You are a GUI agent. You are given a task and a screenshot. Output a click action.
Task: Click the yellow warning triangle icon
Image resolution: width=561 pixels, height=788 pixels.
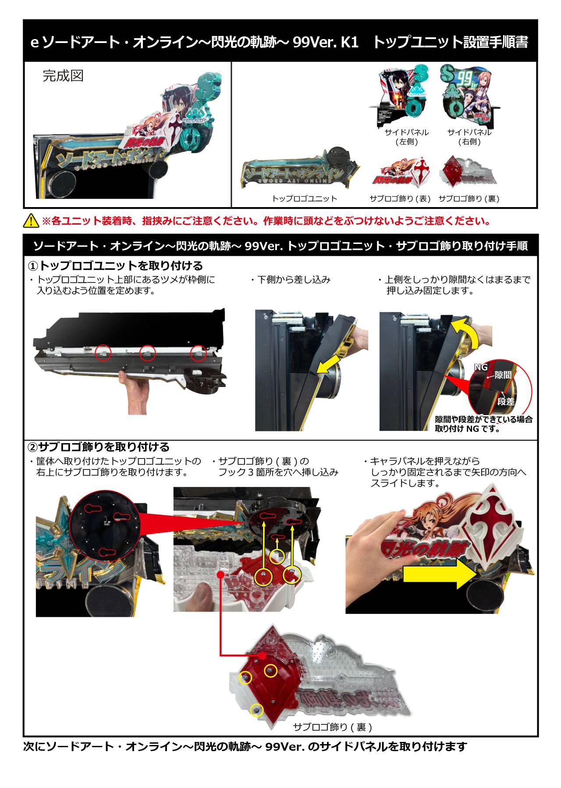[31, 221]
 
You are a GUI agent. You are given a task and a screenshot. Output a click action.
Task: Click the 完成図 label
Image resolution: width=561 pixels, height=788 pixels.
[63, 76]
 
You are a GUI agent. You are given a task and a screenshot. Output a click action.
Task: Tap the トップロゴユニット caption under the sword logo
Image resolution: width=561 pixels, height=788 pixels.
[305, 199]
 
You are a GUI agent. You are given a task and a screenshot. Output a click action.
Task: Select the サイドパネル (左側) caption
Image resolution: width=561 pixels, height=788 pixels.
[406, 137]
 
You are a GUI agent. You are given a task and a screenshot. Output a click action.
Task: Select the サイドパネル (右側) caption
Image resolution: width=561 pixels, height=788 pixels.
[469, 137]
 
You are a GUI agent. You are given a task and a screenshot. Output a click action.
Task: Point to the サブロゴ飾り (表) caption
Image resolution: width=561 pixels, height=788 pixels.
[401, 199]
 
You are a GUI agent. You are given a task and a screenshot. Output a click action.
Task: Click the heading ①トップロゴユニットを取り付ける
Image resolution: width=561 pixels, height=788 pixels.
[115, 266]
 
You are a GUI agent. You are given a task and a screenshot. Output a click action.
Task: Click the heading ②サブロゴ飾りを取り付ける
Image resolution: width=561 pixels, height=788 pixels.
[99, 447]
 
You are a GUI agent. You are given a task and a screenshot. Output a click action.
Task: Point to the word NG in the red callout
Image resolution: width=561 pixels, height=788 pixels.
[481, 367]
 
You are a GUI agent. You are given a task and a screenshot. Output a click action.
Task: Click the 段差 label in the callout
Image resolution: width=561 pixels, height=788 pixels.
[506, 401]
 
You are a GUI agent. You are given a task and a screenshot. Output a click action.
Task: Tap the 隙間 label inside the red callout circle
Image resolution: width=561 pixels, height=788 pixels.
[503, 375]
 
